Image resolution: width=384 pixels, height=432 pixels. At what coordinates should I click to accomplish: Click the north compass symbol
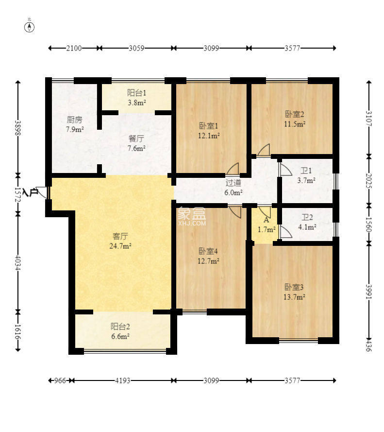coord(30,27)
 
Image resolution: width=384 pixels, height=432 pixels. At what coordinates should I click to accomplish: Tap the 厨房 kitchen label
coord(75,120)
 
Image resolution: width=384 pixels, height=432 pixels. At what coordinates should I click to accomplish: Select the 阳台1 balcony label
coord(136,93)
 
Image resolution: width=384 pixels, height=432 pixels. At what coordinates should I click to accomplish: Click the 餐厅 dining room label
coord(136,138)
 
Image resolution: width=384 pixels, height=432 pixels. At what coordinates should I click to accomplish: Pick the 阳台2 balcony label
coord(120,327)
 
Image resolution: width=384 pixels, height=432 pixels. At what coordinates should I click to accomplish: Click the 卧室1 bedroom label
coord(209,126)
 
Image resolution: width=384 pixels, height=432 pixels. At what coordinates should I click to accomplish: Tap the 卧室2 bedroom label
coord(295,114)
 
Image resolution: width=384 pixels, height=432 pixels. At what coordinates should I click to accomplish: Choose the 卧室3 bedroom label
coord(294,287)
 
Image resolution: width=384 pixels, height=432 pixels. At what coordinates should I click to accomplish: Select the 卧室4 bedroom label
coord(208,251)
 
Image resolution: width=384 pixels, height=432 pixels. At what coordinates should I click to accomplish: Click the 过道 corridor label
coord(234,183)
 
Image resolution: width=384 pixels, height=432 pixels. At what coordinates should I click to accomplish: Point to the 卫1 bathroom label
coord(306,171)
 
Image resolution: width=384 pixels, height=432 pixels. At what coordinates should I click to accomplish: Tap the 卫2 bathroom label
coord(307,217)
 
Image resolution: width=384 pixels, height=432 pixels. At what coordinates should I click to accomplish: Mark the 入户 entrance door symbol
coord(42,192)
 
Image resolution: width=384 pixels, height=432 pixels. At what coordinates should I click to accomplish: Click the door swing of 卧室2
coord(264,150)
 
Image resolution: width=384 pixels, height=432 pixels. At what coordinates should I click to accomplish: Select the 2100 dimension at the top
coord(74,48)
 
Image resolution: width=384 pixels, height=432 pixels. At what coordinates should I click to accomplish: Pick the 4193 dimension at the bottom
coord(122,380)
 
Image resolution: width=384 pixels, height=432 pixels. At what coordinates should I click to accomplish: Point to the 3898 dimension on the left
coord(18,128)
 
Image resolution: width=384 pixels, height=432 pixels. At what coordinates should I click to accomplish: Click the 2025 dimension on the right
coord(369,181)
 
